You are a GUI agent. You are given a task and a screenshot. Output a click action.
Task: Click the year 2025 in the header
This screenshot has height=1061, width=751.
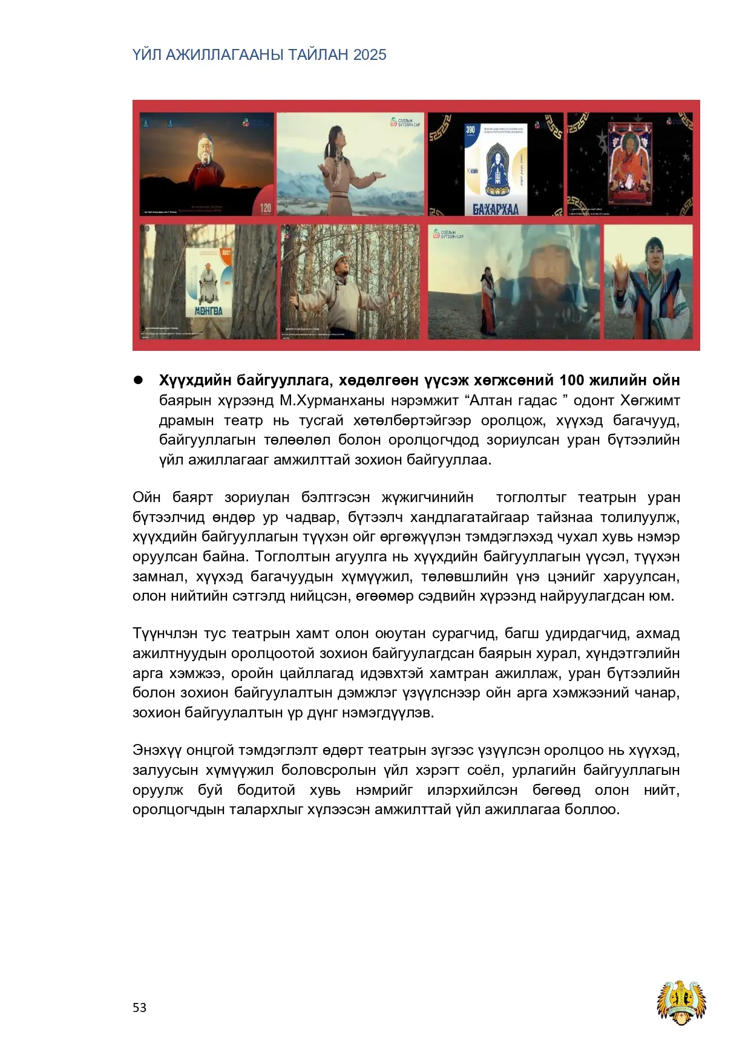[x=370, y=55]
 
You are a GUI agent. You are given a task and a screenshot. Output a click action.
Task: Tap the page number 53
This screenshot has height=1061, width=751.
[x=139, y=1007]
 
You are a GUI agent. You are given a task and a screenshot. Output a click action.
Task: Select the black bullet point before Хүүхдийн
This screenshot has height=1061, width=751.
[x=138, y=380]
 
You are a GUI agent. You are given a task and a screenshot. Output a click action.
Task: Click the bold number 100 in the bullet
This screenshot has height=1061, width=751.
[x=572, y=380]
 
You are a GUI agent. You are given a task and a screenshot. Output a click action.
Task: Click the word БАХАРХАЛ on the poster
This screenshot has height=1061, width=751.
[x=496, y=209]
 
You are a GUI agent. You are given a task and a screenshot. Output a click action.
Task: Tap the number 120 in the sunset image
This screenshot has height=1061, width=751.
[x=266, y=207]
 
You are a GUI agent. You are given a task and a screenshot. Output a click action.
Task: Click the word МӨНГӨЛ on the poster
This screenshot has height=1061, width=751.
[x=209, y=310]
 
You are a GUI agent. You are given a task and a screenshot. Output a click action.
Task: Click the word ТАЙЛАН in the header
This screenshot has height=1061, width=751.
[x=319, y=55]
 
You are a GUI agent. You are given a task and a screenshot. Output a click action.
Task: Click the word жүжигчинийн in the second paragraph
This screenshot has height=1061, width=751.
[x=427, y=497]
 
